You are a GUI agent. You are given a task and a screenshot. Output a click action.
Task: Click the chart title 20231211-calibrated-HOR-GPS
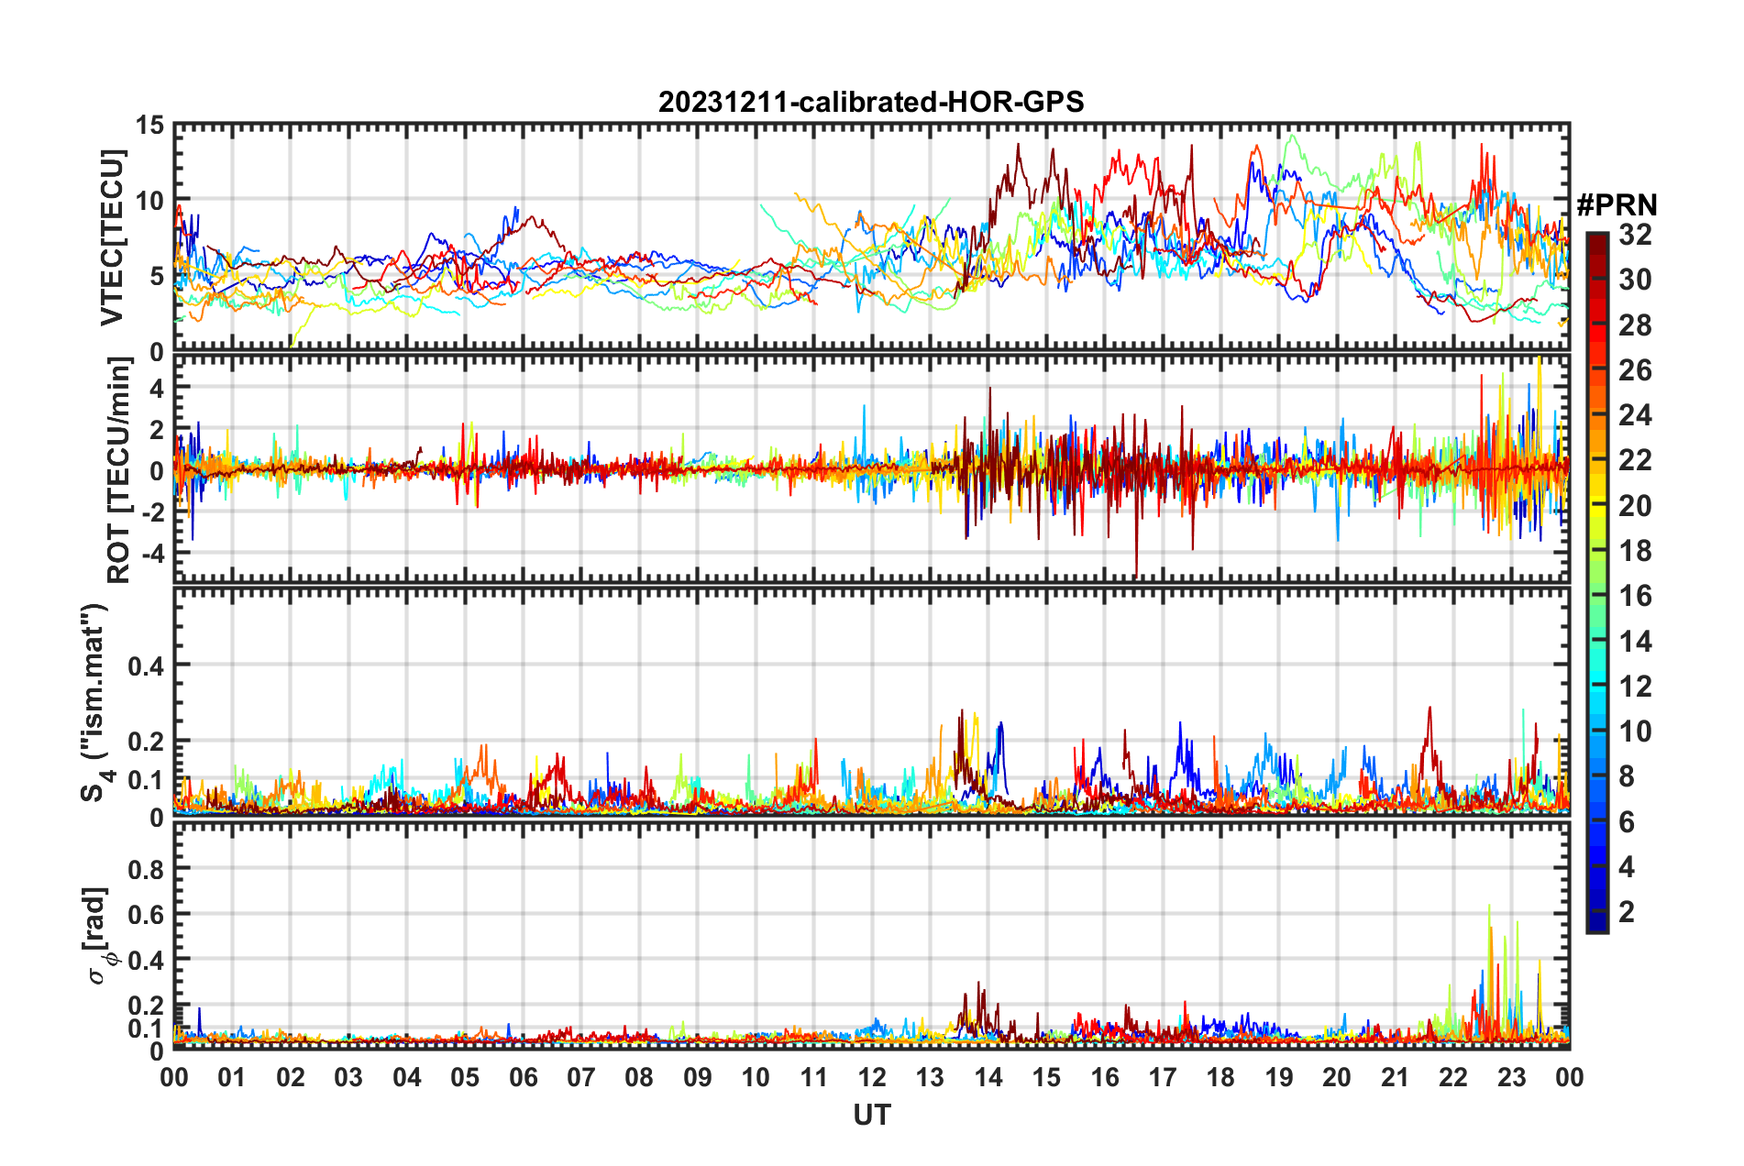point(871,102)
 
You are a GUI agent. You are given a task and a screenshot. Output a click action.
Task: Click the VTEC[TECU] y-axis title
point(112,237)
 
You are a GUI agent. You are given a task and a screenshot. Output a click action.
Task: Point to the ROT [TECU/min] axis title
point(118,470)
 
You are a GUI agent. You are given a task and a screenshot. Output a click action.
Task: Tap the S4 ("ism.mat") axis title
point(95,702)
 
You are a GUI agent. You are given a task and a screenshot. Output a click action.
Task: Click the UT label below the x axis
point(871,1115)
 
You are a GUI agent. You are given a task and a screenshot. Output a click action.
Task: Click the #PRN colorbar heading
point(1617,205)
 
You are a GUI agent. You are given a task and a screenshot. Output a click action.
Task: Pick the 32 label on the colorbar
point(1635,235)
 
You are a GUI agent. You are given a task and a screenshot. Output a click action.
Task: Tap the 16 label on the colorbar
point(1635,596)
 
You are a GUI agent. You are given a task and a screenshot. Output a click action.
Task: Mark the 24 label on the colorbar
point(1635,415)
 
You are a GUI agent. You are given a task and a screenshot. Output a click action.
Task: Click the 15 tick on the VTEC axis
point(149,126)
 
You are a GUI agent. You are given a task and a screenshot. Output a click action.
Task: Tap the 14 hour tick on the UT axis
point(988,1078)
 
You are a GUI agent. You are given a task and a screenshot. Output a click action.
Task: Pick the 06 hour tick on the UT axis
point(523,1078)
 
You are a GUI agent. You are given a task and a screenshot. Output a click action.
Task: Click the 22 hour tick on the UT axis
point(1452,1078)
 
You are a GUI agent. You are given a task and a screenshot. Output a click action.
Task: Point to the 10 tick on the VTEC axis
point(149,201)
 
